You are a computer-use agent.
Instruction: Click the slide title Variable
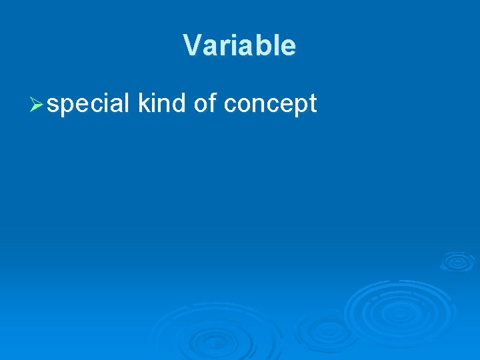pos(239,45)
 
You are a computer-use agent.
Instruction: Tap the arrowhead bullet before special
pos(37,105)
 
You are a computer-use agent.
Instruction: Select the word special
pos(89,104)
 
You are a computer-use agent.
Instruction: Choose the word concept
pos(270,105)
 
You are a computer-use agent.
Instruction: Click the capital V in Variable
pos(191,45)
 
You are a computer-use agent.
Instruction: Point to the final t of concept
pos(313,104)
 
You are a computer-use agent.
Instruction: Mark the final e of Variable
pos(288,46)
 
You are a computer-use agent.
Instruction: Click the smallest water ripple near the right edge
pos(457,261)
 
